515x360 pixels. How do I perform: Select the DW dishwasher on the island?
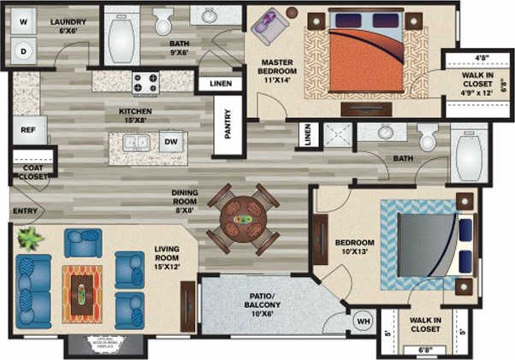click(x=171, y=141)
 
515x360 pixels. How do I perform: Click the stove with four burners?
click(x=146, y=82)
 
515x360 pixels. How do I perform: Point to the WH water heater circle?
click(x=363, y=321)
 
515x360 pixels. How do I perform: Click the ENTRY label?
click(x=23, y=211)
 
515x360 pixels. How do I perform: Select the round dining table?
click(x=244, y=217)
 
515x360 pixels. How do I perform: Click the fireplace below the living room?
click(x=96, y=344)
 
